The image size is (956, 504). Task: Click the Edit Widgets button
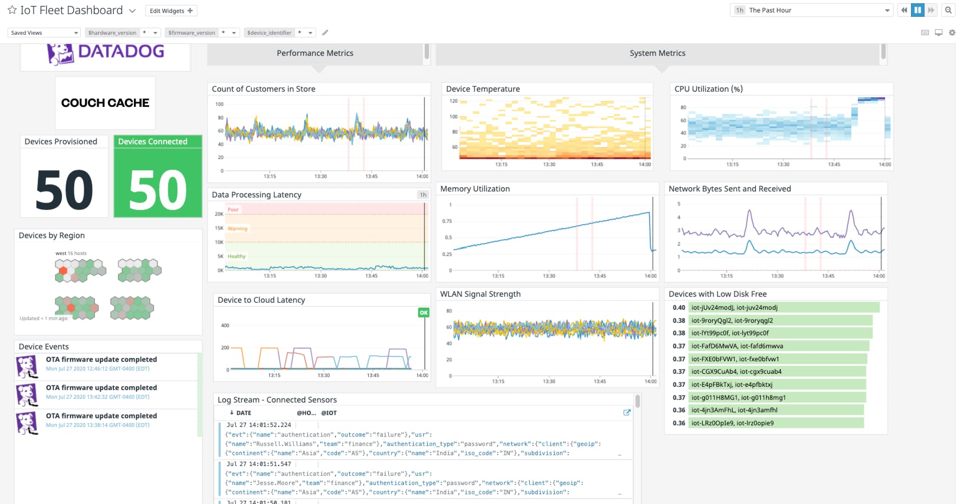pos(171,11)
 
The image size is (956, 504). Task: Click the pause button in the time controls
pos(917,10)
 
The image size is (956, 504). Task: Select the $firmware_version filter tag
pos(191,33)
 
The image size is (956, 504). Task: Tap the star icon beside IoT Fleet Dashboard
pos(12,10)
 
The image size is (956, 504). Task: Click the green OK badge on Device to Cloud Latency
pos(424,312)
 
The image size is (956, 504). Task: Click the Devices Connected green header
pos(157,142)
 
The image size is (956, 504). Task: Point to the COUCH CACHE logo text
pos(105,103)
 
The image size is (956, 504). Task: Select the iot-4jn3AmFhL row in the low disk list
pos(734,410)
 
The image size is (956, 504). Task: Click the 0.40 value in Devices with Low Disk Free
pos(679,308)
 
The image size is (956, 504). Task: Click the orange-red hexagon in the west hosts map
pos(63,270)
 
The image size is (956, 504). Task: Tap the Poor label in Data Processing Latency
pos(233,210)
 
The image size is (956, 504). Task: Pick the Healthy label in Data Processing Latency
pos(236,256)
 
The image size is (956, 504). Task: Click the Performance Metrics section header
pos(315,53)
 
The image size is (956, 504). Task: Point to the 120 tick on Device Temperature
pos(453,101)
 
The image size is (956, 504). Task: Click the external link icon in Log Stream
pos(627,413)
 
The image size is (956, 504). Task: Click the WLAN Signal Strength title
pos(480,294)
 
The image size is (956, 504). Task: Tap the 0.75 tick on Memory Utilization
pos(447,221)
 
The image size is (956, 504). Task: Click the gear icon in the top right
pos(952,33)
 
